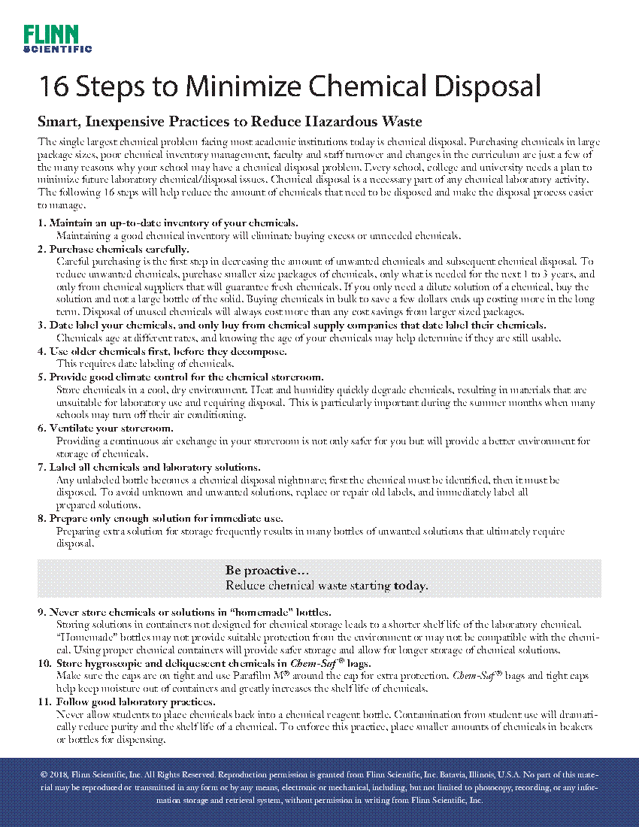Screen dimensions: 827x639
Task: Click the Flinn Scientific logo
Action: (x=57, y=38)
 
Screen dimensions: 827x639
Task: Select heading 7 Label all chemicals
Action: (x=154, y=467)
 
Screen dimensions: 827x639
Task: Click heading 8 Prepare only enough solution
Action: (x=165, y=518)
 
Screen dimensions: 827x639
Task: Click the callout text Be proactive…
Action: (x=268, y=571)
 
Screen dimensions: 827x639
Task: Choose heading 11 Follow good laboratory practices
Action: (x=132, y=701)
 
